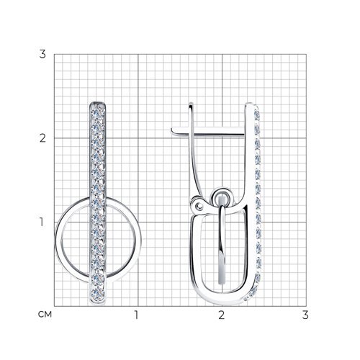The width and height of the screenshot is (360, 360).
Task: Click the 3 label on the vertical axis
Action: (42, 54)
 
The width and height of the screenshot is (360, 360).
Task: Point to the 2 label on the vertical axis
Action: (42, 138)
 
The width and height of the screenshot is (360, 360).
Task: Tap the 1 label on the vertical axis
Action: (42, 222)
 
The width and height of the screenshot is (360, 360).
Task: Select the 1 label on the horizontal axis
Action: (136, 315)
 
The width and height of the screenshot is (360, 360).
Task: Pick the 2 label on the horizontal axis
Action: (222, 315)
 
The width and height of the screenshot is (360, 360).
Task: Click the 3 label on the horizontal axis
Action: (305, 315)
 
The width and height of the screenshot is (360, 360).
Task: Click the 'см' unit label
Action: (45, 315)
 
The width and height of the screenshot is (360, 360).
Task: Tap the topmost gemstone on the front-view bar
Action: (98, 112)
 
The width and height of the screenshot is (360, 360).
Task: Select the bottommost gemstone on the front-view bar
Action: (98, 292)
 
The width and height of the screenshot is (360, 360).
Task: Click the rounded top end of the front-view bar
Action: (98, 103)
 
